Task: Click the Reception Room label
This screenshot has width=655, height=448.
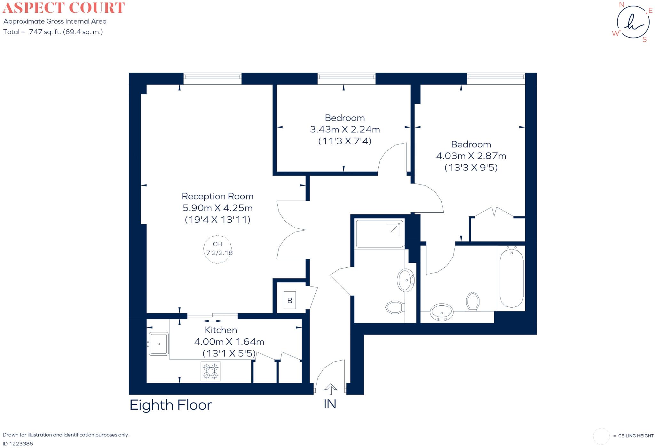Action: [217, 196]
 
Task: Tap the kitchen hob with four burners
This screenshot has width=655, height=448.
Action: [210, 371]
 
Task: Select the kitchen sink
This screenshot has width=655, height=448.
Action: [159, 344]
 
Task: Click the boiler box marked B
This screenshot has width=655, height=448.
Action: [290, 300]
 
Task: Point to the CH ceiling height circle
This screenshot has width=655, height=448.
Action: [217, 249]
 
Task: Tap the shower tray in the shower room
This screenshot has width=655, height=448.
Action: [379, 233]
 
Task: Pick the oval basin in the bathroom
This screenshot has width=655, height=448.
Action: [442, 312]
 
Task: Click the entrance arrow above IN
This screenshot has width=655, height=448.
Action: [330, 389]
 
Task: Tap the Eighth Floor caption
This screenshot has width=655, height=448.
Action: [171, 405]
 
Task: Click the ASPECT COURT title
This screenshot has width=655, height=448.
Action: [64, 8]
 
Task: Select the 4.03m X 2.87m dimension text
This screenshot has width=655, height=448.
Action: [471, 156]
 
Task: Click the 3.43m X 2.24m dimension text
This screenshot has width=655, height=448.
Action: [345, 130]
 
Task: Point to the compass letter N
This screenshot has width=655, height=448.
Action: [622, 4]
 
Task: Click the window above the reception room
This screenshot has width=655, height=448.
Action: [212, 78]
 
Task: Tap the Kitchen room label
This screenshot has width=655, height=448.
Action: [221, 330]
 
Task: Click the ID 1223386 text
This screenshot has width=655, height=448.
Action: [18, 444]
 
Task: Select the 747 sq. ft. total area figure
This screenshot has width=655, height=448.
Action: [44, 32]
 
